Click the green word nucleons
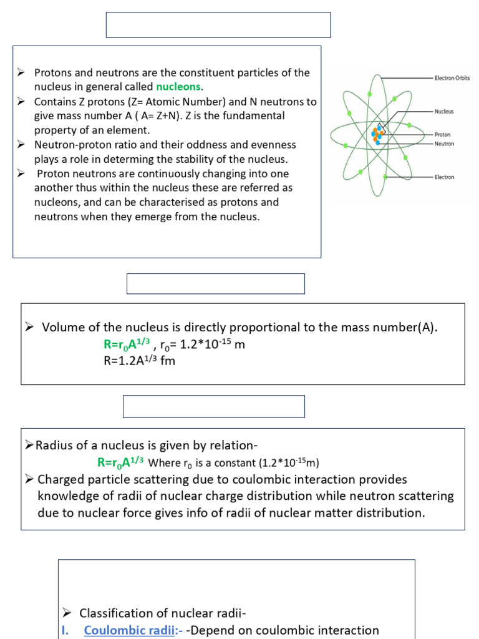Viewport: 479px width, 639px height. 178,87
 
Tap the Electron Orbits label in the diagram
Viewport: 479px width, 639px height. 452,78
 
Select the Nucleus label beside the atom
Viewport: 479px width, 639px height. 444,111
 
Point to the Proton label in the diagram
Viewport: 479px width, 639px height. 442,134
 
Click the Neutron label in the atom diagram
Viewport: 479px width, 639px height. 443,144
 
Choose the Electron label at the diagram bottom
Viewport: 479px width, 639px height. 444,177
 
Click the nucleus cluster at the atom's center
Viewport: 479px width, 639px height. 378,134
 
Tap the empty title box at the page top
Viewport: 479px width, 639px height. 218,25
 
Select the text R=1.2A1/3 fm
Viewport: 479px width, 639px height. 139,361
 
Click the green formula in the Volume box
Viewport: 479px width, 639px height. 127,344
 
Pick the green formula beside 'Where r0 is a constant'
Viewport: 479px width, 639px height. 120,462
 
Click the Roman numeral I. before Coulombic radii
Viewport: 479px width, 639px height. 65,630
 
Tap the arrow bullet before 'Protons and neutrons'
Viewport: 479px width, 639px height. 21,72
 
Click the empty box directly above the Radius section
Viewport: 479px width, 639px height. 214,406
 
